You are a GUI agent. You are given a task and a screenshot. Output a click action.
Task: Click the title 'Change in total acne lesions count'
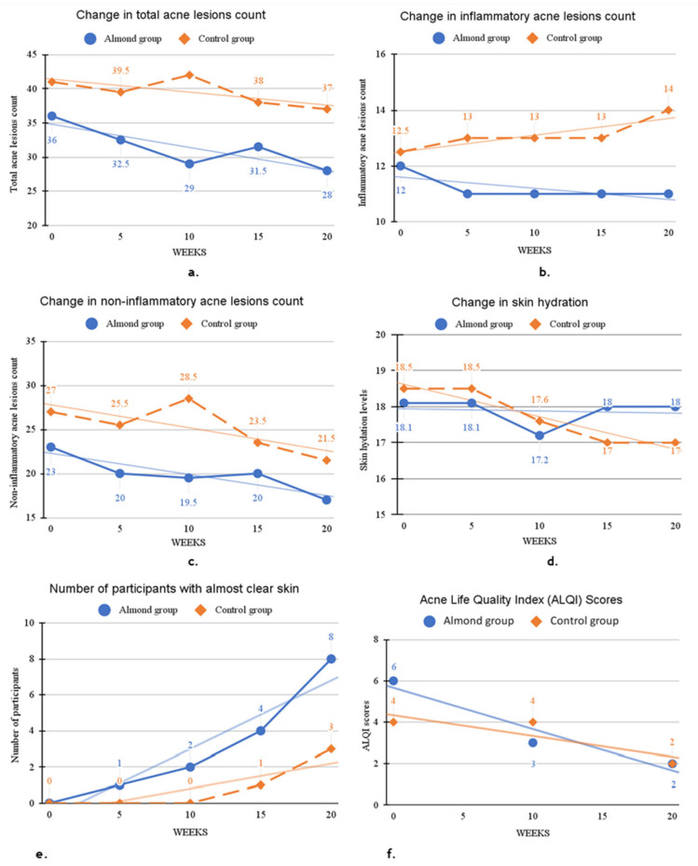pos(171,15)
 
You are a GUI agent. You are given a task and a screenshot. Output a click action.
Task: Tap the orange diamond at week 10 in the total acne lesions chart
pos(189,75)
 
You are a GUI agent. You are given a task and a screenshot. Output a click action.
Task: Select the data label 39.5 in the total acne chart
pos(120,71)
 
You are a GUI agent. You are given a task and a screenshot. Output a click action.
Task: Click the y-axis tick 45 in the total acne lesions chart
pos(32,55)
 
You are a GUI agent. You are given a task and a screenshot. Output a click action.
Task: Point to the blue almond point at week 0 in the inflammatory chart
pos(401,166)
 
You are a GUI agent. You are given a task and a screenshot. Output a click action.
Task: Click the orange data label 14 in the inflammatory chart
pos(668,89)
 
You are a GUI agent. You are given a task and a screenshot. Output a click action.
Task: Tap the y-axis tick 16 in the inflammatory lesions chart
pos(380,54)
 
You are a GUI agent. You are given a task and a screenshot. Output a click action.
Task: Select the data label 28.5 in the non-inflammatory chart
pos(187,378)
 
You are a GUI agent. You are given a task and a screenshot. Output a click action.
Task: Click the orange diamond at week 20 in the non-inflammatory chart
pos(326,460)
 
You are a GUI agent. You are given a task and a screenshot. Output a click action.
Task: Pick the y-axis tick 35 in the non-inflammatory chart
pos(31,341)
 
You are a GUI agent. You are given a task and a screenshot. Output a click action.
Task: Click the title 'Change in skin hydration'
pos(520,302)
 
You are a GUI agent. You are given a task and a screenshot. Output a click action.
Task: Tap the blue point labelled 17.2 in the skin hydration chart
pos(540,435)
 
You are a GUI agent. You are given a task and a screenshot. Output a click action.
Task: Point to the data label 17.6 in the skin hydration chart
pos(540,400)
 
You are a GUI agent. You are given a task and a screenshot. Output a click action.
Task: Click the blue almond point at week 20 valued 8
pos(331,659)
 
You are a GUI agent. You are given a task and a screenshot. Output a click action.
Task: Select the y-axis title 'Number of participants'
pos(15,715)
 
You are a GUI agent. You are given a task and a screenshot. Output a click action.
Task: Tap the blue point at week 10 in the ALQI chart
pos(533,743)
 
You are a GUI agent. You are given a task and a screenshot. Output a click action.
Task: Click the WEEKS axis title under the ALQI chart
pos(533,832)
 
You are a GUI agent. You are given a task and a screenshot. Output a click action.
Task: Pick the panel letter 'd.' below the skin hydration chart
pos(553,562)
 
